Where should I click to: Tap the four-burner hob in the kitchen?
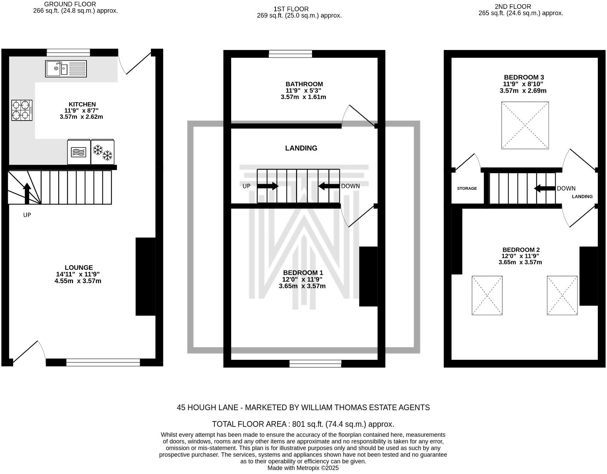click(x=22, y=110)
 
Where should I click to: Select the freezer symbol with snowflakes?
click(x=102, y=152)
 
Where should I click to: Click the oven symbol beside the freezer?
click(x=79, y=152)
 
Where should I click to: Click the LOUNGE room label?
click(x=79, y=268)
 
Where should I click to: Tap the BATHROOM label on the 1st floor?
click(x=304, y=84)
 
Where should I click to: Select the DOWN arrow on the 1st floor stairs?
click(x=329, y=186)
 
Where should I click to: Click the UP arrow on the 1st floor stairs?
click(x=268, y=186)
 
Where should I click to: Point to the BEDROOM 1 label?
click(x=303, y=272)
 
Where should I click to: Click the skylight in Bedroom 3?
click(x=525, y=125)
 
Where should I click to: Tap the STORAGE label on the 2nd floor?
click(x=467, y=188)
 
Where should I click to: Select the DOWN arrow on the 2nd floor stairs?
click(x=545, y=188)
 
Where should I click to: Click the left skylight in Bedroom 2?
click(x=487, y=295)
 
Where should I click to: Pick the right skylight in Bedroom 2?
click(x=562, y=295)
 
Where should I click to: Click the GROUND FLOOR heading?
click(x=70, y=4)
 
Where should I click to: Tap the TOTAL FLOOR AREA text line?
click(x=303, y=424)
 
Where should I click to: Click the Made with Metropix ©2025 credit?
click(x=303, y=468)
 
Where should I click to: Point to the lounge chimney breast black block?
click(x=145, y=276)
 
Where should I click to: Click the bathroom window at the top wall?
click(x=290, y=54)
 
